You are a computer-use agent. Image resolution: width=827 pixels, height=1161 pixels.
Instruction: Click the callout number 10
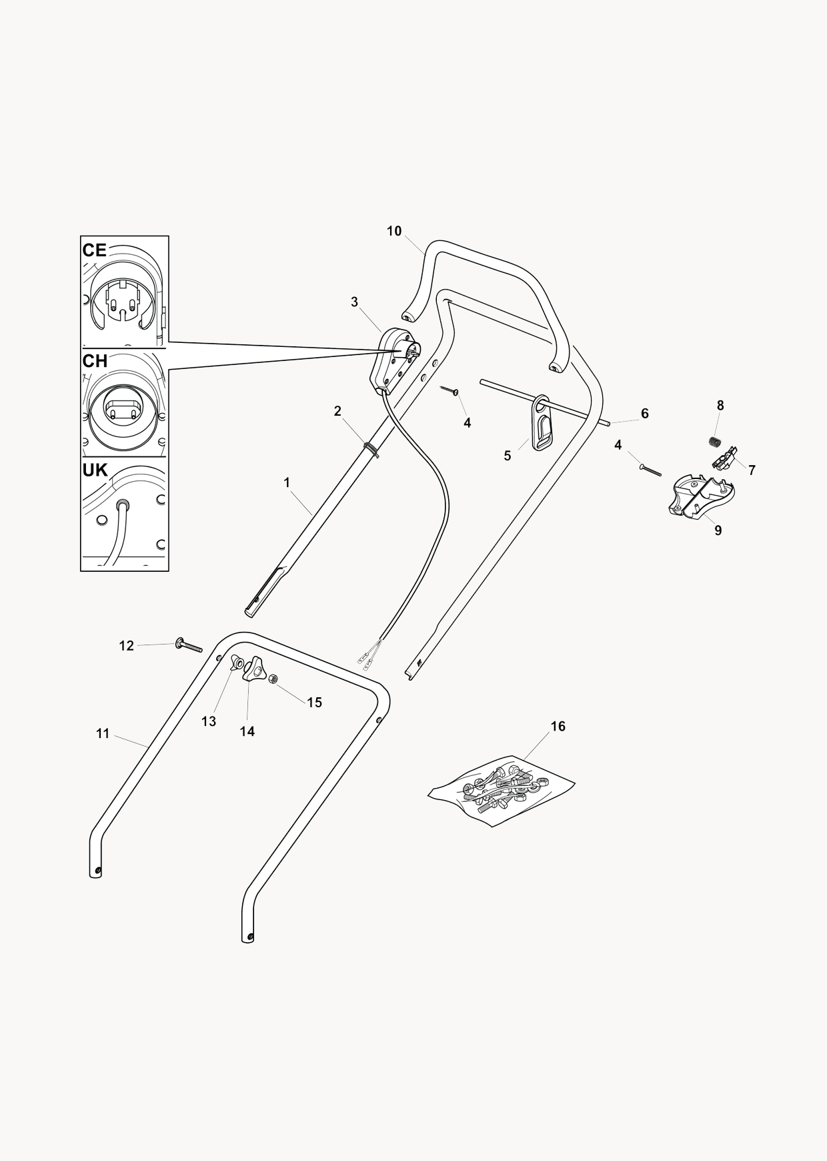(x=394, y=231)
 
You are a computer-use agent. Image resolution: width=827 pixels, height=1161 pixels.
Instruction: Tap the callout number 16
(x=558, y=726)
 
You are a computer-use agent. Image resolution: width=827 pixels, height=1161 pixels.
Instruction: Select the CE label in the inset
(x=94, y=250)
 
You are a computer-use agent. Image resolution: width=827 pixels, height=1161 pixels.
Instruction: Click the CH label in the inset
(x=95, y=361)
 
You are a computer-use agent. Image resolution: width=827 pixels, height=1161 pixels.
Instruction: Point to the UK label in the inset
(x=95, y=470)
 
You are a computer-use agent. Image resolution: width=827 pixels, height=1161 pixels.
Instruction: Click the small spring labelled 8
(x=716, y=442)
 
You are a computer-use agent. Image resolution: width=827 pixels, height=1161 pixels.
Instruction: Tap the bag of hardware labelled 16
(x=501, y=792)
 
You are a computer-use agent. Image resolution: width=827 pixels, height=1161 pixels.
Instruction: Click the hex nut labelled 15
(x=272, y=679)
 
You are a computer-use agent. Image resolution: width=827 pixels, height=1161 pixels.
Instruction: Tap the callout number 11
(x=102, y=734)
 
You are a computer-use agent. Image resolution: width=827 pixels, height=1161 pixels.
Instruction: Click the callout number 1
(x=287, y=482)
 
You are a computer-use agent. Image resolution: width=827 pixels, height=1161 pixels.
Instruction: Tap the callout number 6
(x=645, y=414)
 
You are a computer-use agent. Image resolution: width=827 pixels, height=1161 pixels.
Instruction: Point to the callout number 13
(x=209, y=722)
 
